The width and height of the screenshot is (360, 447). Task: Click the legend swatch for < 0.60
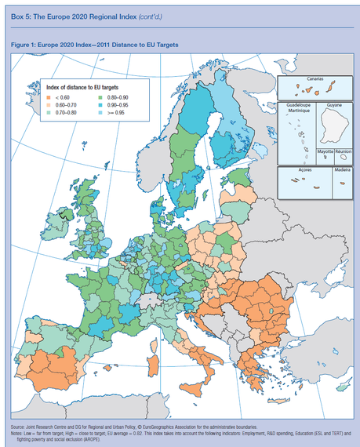point(51,96)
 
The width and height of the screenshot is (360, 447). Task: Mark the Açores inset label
point(297,169)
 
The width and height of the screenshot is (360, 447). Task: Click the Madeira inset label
point(341,169)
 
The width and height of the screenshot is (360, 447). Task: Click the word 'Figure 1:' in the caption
point(24,45)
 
